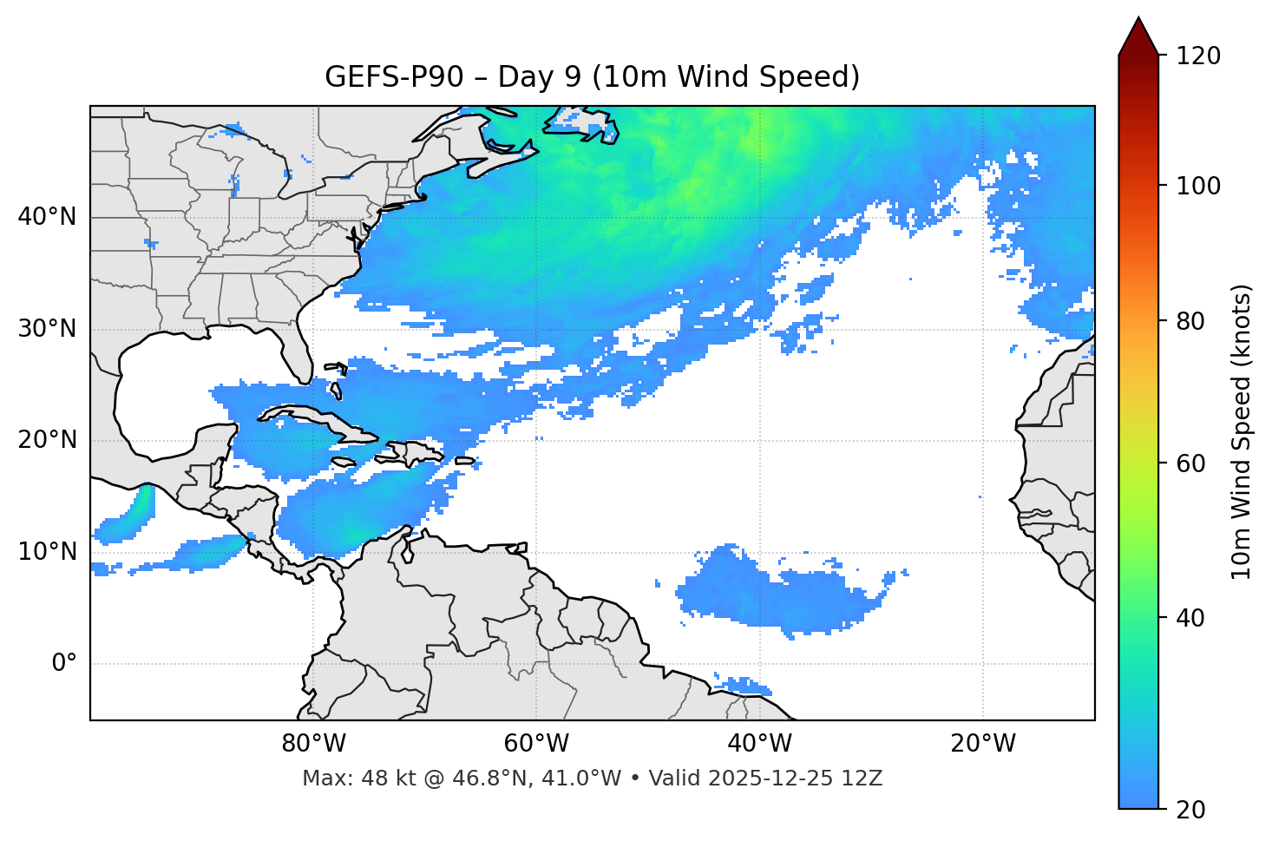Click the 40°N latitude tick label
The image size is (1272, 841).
tap(47, 216)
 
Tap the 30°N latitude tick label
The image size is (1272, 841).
tap(47, 329)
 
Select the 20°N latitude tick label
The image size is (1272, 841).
tap(47, 440)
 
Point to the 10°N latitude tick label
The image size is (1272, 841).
tap(47, 552)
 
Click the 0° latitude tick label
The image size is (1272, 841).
tap(64, 663)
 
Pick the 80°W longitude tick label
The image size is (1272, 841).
tap(314, 744)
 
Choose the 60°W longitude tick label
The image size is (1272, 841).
tap(537, 744)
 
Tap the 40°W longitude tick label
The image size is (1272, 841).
tap(760, 744)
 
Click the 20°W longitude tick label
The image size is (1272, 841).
tap(983, 744)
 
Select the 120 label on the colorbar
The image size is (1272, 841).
tap(1198, 56)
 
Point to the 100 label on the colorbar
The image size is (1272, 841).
tap(1198, 186)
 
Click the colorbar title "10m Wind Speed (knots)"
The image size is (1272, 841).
tap(1242, 432)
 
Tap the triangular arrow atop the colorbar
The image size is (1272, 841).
tap(1138, 37)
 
